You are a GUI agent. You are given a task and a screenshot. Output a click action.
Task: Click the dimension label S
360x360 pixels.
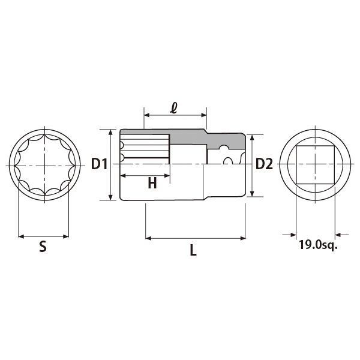pyautogui.click(x=43, y=246)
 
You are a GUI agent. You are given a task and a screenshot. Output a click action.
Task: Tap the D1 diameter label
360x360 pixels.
pyautogui.click(x=98, y=164)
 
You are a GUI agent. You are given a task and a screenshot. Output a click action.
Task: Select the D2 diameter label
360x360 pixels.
pyautogui.click(x=264, y=164)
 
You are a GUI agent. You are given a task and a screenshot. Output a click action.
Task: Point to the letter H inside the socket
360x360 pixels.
pyautogui.click(x=152, y=184)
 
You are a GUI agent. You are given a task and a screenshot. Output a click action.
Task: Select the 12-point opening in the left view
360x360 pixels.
pyautogui.click(x=44, y=164)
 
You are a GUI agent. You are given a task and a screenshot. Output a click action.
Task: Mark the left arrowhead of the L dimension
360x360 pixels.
pyautogui.click(x=148, y=239)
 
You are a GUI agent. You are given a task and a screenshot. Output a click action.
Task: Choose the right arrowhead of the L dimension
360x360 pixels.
pyautogui.click(x=243, y=239)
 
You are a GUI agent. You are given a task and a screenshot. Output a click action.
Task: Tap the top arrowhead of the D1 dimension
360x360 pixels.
pyautogui.click(x=111, y=131)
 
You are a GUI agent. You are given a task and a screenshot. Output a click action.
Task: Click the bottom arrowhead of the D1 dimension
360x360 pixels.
pyautogui.click(x=111, y=198)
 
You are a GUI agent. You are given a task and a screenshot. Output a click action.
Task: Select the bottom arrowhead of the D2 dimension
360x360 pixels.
pyautogui.click(x=253, y=193)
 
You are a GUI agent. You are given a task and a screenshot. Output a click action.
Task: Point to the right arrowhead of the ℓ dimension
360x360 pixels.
pyautogui.click(x=204, y=114)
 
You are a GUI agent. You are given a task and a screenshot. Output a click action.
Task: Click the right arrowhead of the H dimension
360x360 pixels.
pyautogui.click(x=169, y=176)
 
